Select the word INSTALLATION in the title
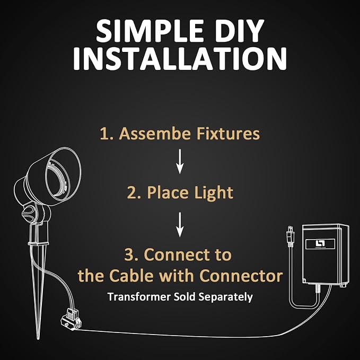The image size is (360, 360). (x=180, y=59)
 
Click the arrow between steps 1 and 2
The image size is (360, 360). (x=180, y=161)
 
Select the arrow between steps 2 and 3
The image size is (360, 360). (x=180, y=225)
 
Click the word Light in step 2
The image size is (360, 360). (x=214, y=194)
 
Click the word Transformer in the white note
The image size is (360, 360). (x=139, y=296)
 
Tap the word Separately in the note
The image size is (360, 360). (x=226, y=297)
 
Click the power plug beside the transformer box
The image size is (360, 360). (x=290, y=236)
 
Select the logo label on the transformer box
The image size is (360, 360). (x=320, y=244)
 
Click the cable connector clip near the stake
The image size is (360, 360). (x=71, y=319)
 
